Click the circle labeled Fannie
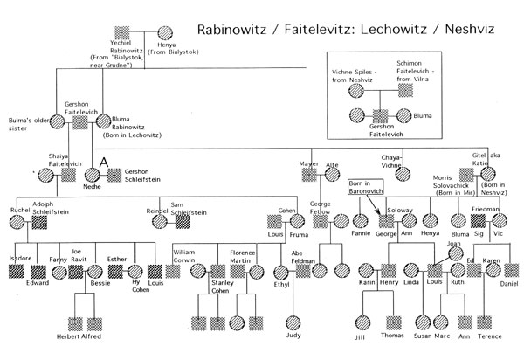[360, 221]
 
